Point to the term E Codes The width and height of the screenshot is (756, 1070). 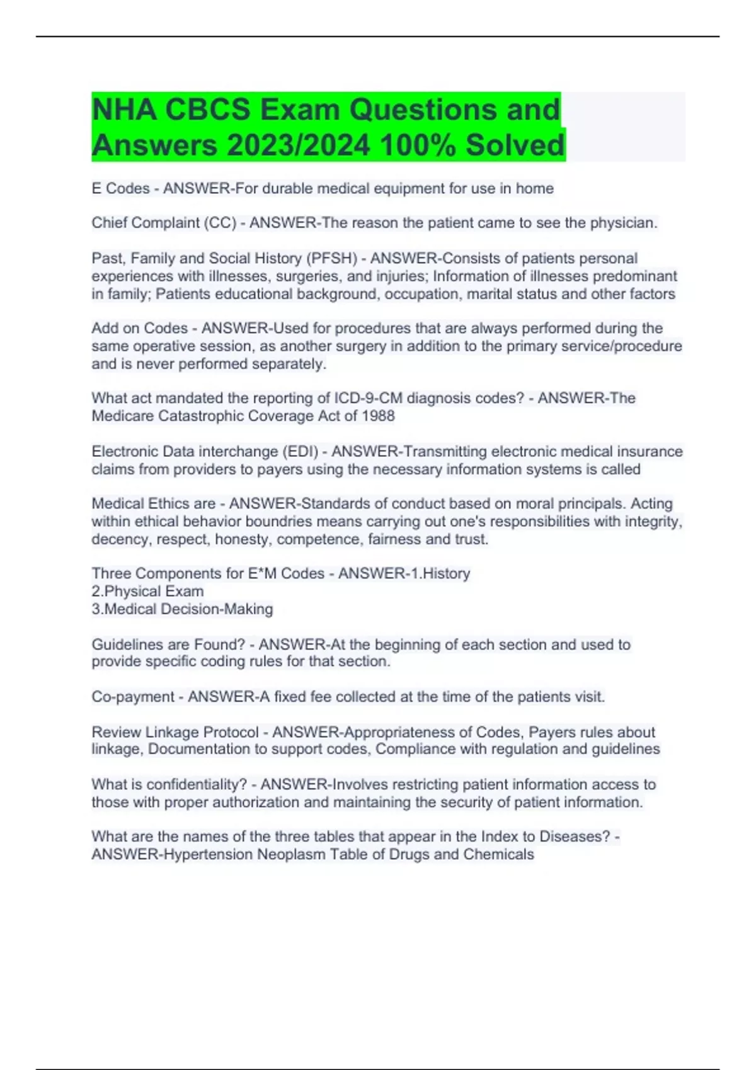point(120,189)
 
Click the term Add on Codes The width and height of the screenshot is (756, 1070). point(139,329)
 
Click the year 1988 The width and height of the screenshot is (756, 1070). point(378,416)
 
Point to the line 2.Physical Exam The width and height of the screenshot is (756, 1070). point(147,592)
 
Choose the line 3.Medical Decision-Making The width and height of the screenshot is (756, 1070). point(182,609)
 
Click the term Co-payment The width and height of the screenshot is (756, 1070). point(133,697)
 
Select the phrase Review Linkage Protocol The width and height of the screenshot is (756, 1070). point(175,733)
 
